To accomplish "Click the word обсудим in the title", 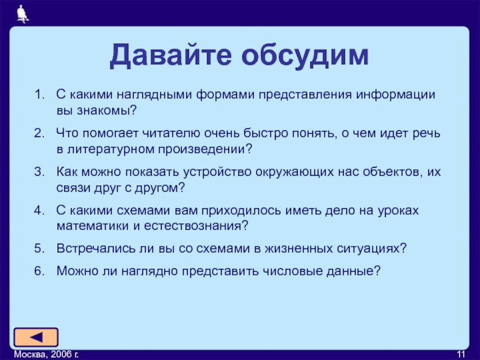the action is [305, 55].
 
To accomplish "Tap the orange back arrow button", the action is [36, 337].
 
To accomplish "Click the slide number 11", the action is [461, 355].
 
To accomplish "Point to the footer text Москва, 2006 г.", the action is [46, 355].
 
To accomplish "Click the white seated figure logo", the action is [23, 14].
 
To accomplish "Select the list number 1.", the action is [40, 95].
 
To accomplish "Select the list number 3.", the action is [40, 172].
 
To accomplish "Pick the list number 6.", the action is [40, 271].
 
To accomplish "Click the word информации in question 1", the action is [395, 95].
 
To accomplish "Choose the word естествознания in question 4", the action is [193, 226].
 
